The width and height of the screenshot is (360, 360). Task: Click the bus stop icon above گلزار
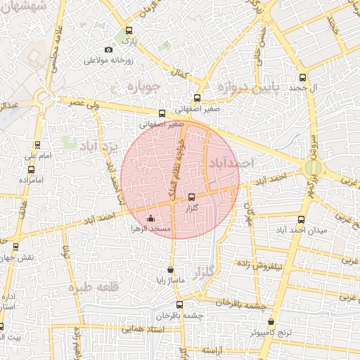point(193,197)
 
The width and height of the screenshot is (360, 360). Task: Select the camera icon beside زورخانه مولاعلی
point(108,49)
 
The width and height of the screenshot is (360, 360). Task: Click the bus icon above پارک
point(128,31)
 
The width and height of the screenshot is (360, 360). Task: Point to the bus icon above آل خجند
point(303,78)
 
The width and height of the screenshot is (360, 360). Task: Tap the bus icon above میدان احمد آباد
point(302,219)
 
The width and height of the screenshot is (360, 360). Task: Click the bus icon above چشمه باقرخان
point(179,304)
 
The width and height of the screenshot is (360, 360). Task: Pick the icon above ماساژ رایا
point(170,270)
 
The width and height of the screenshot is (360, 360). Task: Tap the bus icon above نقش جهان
point(16,246)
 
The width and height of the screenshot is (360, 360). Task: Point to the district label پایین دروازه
point(247,86)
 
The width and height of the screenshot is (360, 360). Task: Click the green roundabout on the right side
point(314,167)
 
